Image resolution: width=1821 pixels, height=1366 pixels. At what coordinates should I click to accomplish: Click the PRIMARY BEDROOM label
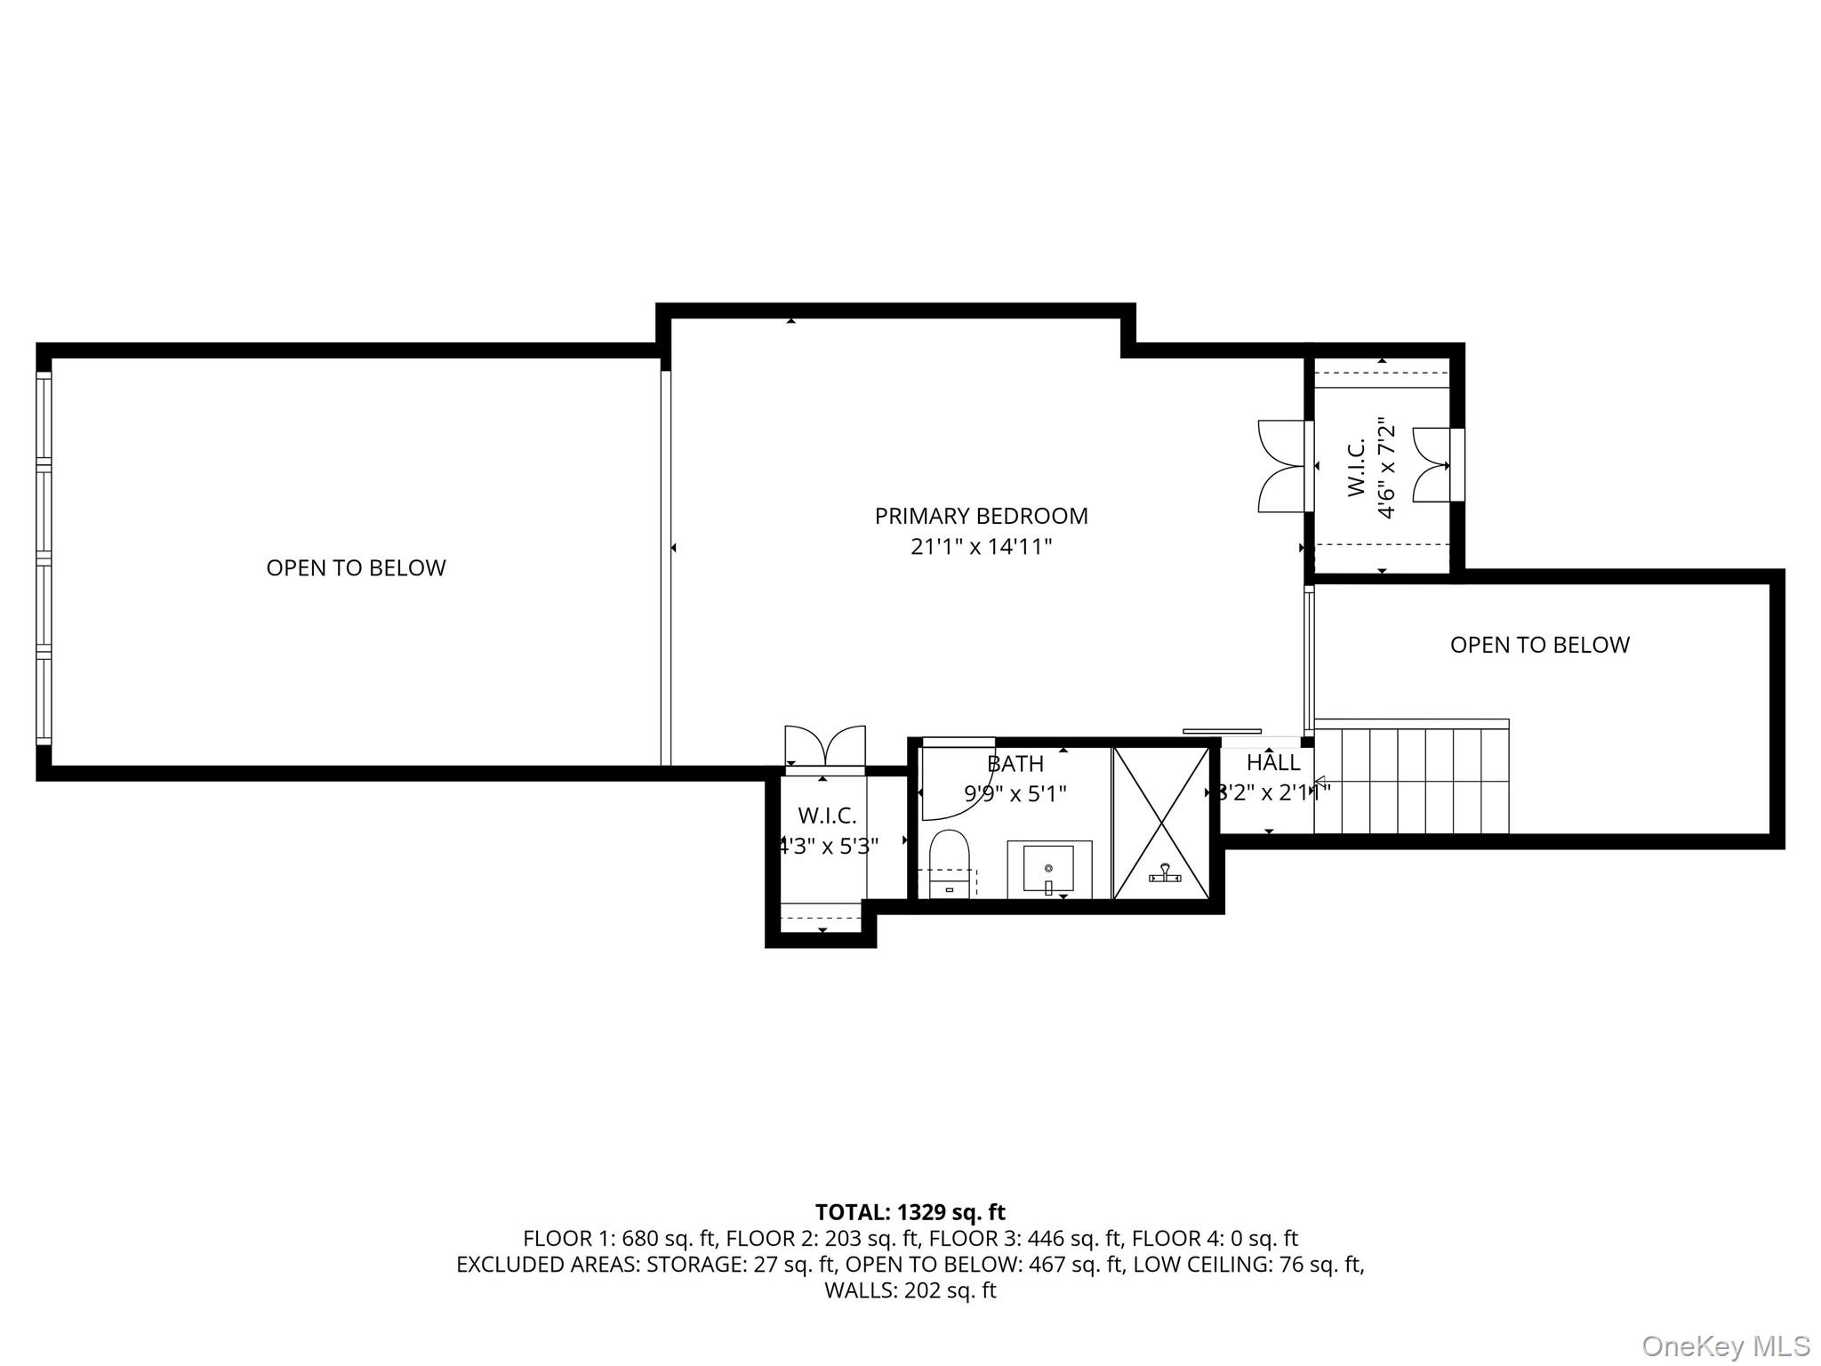981,516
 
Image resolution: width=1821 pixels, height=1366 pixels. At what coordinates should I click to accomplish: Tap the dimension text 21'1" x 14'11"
981,546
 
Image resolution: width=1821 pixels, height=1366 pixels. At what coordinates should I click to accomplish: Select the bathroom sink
1049,869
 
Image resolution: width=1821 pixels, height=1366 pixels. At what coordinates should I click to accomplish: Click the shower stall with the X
1161,823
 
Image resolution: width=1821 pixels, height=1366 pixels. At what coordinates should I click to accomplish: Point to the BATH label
1015,764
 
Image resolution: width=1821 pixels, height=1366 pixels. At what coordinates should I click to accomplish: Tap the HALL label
1273,762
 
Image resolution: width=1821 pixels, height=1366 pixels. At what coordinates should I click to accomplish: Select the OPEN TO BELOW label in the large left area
356,567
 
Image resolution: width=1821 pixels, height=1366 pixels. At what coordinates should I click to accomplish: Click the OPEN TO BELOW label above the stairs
1539,645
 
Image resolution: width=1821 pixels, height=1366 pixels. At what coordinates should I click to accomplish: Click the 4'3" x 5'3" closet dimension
828,846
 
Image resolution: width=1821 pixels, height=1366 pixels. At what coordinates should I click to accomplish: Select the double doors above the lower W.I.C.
825,745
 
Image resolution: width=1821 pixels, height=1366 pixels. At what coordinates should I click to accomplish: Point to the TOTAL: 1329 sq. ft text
910,1212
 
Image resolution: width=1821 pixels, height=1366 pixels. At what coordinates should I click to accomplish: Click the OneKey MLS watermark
1725,1346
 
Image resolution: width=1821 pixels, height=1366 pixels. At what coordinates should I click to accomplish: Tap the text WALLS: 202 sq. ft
910,1290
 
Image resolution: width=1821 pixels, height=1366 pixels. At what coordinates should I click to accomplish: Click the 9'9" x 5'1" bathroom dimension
1015,793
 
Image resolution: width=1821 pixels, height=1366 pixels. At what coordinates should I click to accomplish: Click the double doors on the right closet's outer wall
1431,465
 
